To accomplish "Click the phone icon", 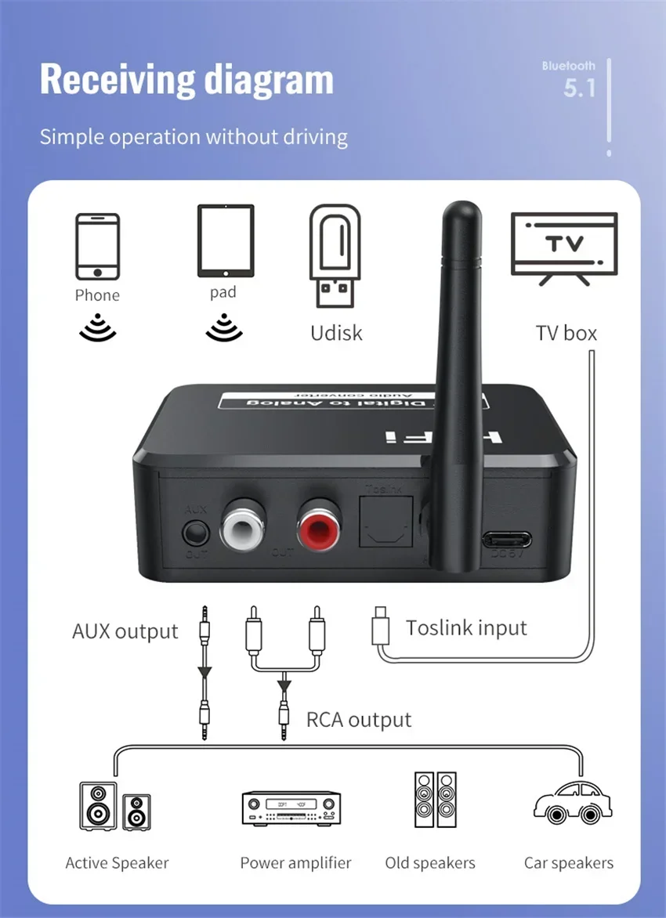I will pyautogui.click(x=98, y=246).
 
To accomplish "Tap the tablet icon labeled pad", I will pyautogui.click(x=226, y=240).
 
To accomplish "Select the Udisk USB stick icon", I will pyautogui.click(x=336, y=255).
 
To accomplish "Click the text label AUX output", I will pyautogui.click(x=125, y=631).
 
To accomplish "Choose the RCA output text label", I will pyautogui.click(x=359, y=719).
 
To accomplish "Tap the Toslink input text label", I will pyautogui.click(x=466, y=628).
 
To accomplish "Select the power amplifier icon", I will pyautogui.click(x=291, y=808).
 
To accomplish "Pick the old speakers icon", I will pyautogui.click(x=435, y=801).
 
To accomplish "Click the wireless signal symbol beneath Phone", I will pyautogui.click(x=98, y=327).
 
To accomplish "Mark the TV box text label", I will pyautogui.click(x=566, y=333).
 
